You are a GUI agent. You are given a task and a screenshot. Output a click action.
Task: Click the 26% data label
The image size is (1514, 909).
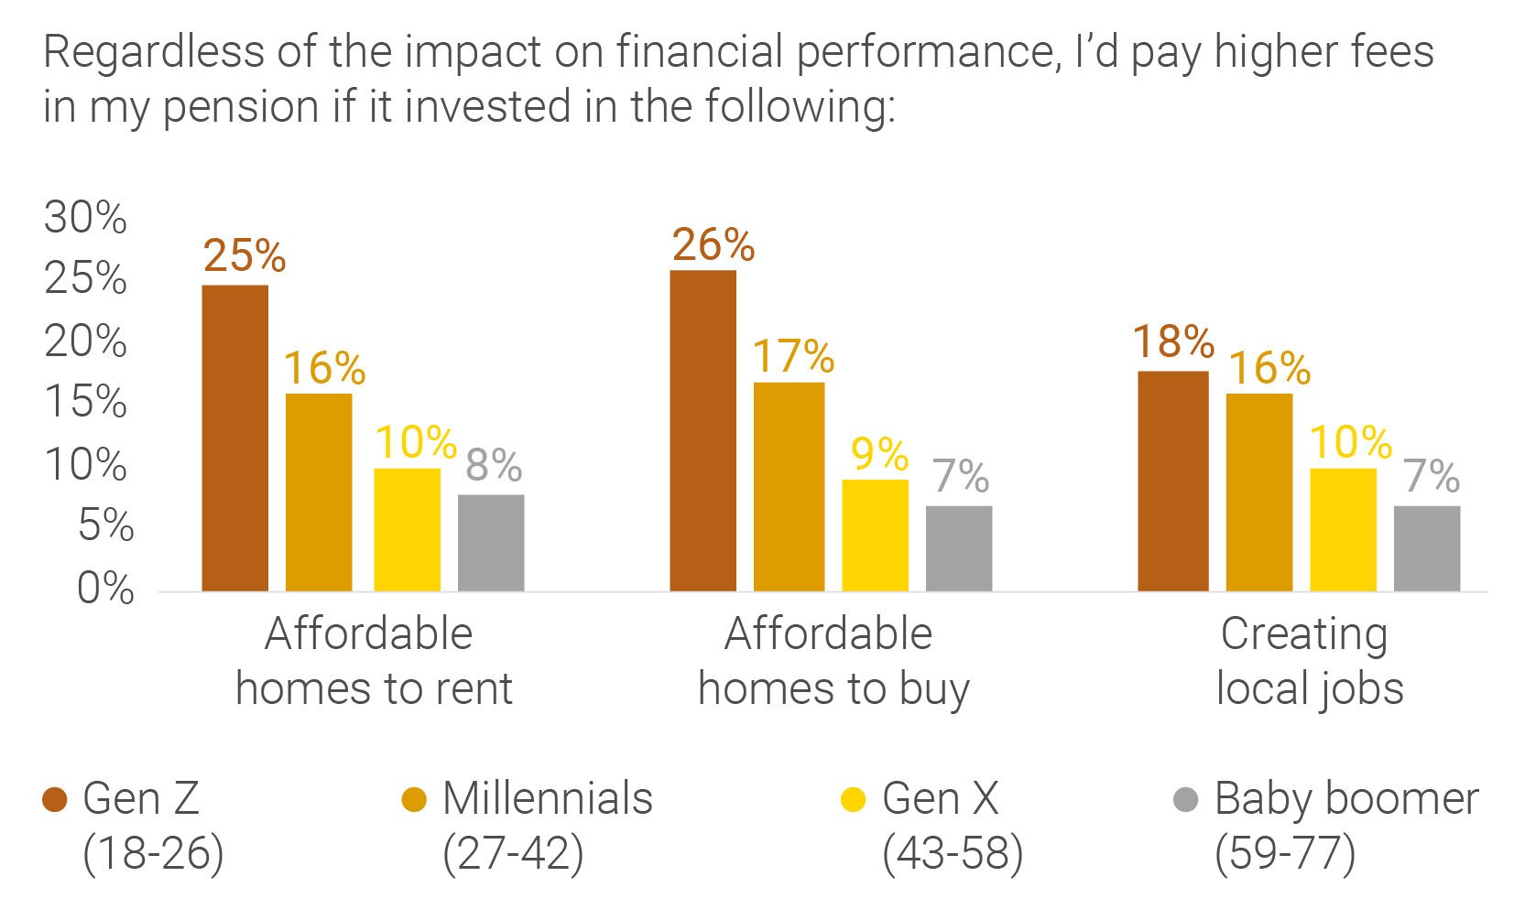pyautogui.click(x=713, y=245)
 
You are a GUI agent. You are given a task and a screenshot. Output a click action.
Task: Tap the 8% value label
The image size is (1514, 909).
pyautogui.click(x=493, y=465)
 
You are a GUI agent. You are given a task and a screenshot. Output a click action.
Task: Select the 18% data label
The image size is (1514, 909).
pyautogui.click(x=1173, y=342)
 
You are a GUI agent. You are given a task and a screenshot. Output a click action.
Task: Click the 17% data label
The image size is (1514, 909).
pyautogui.click(x=793, y=356)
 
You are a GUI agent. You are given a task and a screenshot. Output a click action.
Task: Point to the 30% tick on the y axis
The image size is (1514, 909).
pyautogui.click(x=85, y=218)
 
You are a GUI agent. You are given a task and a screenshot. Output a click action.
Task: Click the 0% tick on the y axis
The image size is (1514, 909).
pyautogui.click(x=105, y=588)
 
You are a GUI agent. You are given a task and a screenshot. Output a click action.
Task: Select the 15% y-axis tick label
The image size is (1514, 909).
pyautogui.click(x=85, y=402)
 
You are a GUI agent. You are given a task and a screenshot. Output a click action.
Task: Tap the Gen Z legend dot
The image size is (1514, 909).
pyautogui.click(x=55, y=800)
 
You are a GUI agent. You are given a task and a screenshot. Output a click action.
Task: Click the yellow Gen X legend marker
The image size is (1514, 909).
pyautogui.click(x=853, y=800)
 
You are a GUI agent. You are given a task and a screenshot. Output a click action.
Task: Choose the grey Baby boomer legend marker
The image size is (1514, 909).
pyautogui.click(x=1185, y=800)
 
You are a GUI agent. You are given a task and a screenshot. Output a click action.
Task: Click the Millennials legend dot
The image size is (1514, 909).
pyautogui.click(x=414, y=800)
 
